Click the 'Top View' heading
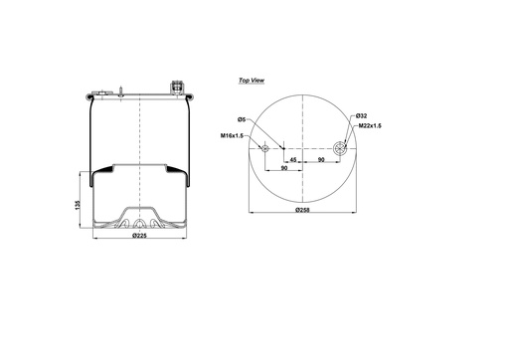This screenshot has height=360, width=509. pos(253,78)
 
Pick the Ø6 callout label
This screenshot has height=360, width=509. pos(242,120)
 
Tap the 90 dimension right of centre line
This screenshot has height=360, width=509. pos(321,158)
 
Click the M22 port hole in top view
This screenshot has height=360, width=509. pos(341,149)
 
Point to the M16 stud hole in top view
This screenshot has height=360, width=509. pos(265,149)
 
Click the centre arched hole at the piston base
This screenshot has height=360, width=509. pos(139,223)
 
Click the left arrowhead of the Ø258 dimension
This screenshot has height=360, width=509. pos(250,214)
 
